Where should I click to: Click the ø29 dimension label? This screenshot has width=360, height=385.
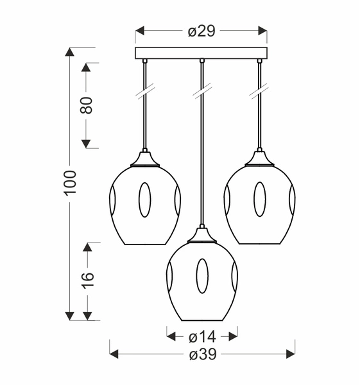(x=201, y=31)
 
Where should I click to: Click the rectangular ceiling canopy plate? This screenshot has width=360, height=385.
(x=201, y=53)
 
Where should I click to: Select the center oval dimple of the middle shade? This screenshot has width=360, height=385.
(x=202, y=276)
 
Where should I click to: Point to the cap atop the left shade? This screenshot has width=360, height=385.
(x=145, y=158)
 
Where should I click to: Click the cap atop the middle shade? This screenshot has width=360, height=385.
(x=202, y=235)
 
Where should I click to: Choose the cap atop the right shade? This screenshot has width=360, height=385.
(x=259, y=158)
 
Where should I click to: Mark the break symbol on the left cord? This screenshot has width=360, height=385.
(x=145, y=94)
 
